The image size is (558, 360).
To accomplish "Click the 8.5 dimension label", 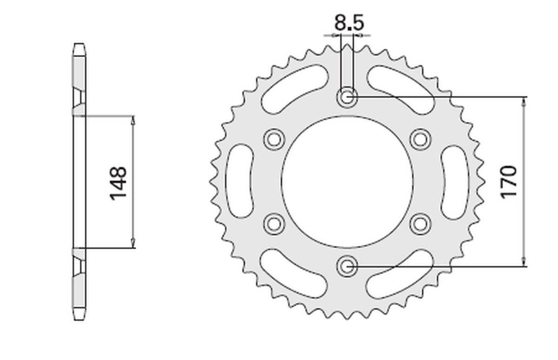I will pyautogui.click(x=348, y=22).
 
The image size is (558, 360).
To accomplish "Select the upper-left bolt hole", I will pyautogui.click(x=274, y=139).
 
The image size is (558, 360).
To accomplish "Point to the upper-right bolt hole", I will pyautogui.click(x=421, y=139).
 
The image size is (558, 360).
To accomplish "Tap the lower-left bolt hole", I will pyautogui.click(x=274, y=224).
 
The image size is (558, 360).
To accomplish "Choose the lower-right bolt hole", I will pyautogui.click(x=421, y=224).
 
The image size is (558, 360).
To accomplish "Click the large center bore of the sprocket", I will pyautogui.click(x=347, y=182).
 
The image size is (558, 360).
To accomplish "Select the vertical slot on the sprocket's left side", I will pyautogui.click(x=240, y=181).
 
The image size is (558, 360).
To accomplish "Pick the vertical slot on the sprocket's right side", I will pyautogui.click(x=455, y=181).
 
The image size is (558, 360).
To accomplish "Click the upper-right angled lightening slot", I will pyautogui.click(x=401, y=88).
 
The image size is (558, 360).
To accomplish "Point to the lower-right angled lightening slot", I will pyautogui.click(x=401, y=275).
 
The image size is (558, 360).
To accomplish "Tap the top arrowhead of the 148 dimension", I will pyautogui.click(x=133, y=120).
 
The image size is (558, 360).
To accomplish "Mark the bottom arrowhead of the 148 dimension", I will pyautogui.click(x=133, y=243).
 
